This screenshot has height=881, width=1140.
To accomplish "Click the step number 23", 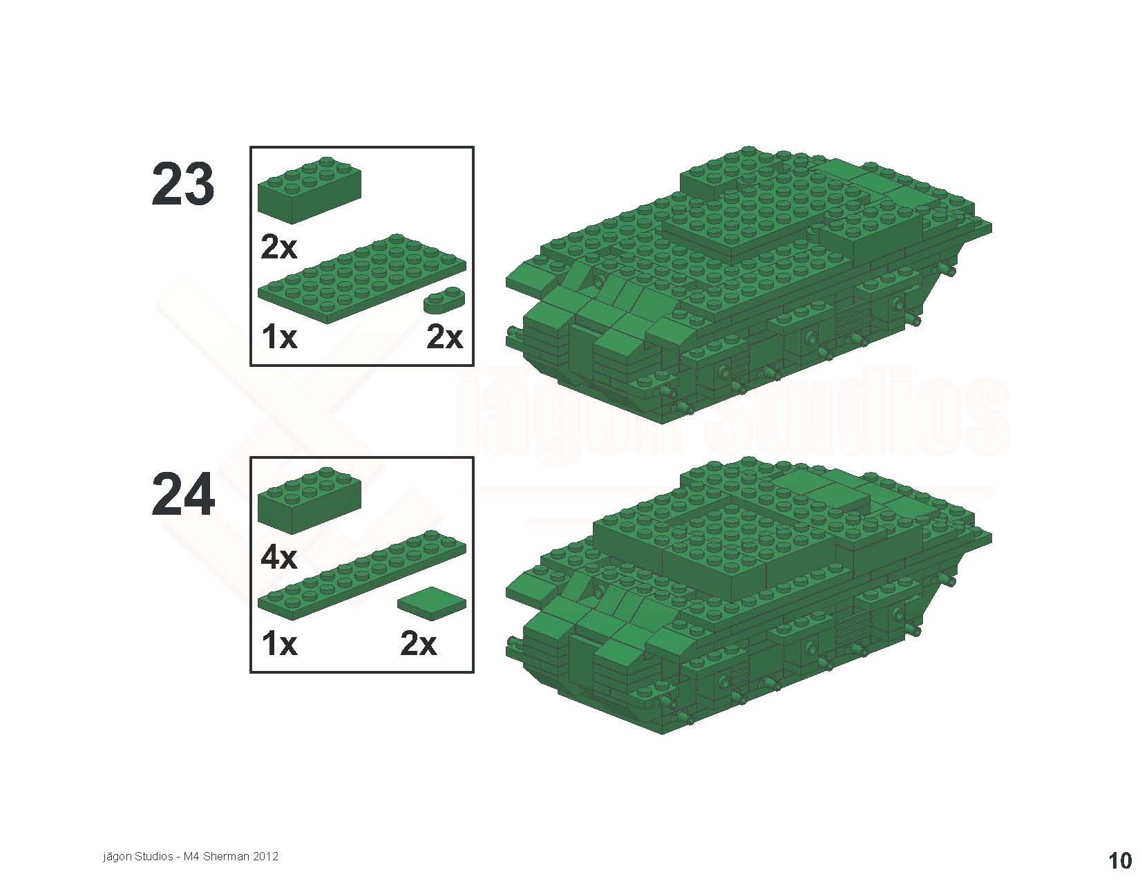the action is click(x=182, y=184).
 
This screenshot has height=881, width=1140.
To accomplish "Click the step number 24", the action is click(x=183, y=495).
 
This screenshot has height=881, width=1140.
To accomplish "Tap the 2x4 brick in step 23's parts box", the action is click(x=309, y=190).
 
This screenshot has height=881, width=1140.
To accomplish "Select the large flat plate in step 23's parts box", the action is click(x=361, y=278).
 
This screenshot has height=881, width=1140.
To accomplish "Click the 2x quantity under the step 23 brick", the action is click(x=278, y=247).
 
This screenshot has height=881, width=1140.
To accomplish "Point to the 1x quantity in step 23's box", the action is click(x=279, y=337).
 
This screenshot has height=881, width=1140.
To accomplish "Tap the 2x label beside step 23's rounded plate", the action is click(x=444, y=337).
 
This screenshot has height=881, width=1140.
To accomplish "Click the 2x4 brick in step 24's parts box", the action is click(x=309, y=500).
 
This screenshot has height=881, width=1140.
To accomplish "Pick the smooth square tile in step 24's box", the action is click(x=431, y=603).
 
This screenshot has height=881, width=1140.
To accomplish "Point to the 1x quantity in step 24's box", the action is click(x=279, y=644).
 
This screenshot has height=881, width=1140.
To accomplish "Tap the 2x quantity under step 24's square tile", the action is click(x=418, y=644).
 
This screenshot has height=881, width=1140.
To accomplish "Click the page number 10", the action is click(x=1120, y=860).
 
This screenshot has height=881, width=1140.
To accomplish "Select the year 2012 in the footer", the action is click(x=265, y=856).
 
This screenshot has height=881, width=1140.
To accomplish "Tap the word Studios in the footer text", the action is click(x=153, y=856).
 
